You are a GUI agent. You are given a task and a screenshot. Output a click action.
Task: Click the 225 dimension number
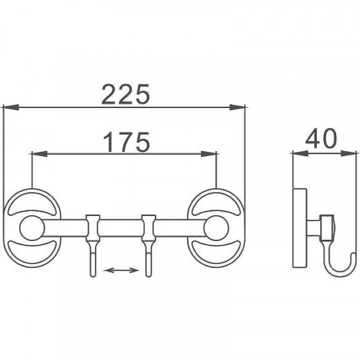[x=125, y=94]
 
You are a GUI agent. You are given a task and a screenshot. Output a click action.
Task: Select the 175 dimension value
[x=127, y=142]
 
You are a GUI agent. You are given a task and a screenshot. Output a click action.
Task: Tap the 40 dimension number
[x=321, y=138]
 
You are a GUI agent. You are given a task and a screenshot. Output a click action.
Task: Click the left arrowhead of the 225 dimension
[x=12, y=107]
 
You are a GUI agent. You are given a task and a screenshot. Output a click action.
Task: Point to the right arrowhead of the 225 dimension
[x=238, y=107]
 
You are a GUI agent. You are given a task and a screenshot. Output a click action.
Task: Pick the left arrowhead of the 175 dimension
[x=40, y=154]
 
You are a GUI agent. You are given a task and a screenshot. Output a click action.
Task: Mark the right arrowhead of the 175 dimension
[x=209, y=154]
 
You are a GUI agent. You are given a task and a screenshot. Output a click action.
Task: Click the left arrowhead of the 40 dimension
[x=300, y=153]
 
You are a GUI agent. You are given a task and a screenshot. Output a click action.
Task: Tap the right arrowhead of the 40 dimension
[x=348, y=153]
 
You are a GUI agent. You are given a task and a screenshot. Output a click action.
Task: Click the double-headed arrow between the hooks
[x=122, y=271]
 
